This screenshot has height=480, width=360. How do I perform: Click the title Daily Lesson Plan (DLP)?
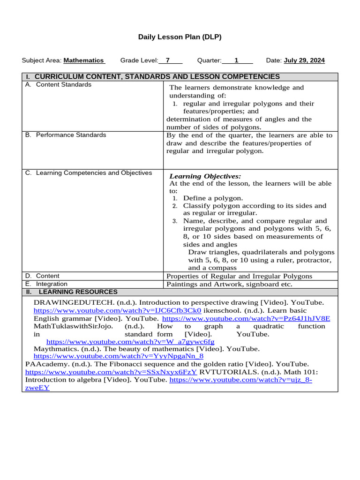click(x=180, y=37)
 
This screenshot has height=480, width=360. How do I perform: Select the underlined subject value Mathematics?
click(x=83, y=60)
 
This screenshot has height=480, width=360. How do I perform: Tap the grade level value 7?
click(x=167, y=60)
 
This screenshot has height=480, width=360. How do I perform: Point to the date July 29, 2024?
click(x=304, y=60)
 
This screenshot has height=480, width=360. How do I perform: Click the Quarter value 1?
click(x=237, y=60)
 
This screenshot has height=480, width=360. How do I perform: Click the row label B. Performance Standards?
click(x=66, y=135)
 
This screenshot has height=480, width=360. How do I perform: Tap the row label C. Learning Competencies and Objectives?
click(x=89, y=173)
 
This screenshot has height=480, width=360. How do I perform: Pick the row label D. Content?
click(x=43, y=276)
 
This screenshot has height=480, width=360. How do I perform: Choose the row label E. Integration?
click(x=46, y=284)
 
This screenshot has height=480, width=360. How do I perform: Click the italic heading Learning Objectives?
click(x=205, y=176)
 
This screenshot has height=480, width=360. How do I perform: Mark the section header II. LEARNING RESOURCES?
click(x=72, y=292)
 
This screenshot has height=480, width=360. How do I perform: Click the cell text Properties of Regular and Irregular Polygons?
click(x=240, y=276)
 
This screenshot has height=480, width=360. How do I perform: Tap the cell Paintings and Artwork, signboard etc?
click(x=230, y=284)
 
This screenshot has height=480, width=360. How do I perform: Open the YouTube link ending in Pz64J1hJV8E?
click(x=246, y=318)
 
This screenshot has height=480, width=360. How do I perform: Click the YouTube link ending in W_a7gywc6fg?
click(x=130, y=342)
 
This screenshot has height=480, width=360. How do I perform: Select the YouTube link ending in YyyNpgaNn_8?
click(x=119, y=356)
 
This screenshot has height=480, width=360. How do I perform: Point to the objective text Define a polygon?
click(x=213, y=198)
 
